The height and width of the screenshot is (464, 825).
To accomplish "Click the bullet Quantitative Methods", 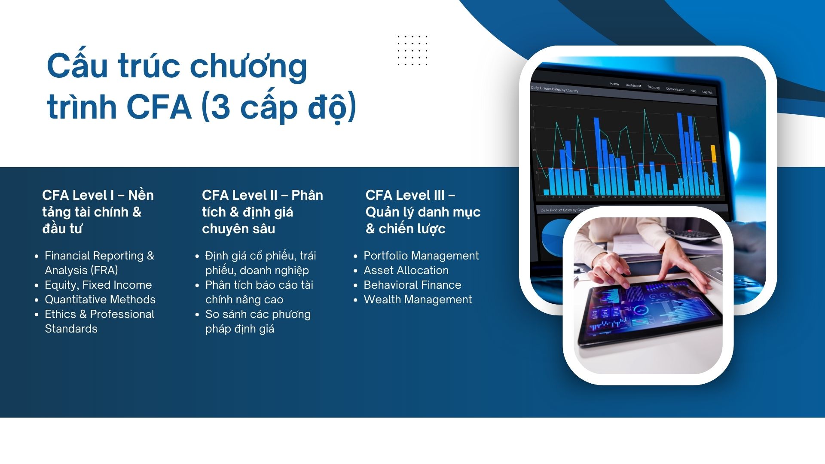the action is coord(100,299).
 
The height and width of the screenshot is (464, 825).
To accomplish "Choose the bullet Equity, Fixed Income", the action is coord(98,285).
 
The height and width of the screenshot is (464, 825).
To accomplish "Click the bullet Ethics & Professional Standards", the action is coord(99,321).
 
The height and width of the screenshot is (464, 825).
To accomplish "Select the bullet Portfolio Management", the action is coord(421,256).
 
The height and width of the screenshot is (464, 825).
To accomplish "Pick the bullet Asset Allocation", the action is coord(406,270).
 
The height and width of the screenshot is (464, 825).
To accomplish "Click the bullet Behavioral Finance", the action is coord(412,285).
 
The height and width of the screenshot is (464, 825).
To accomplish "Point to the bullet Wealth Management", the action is coord(418,299).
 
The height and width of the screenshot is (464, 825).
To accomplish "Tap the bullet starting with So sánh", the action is coord(258,321).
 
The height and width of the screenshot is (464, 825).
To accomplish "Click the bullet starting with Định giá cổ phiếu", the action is coord(260,263).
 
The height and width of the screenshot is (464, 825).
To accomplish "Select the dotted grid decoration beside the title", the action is coord(412,51).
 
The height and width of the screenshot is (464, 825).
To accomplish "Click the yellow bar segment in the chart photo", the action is coord(714,153).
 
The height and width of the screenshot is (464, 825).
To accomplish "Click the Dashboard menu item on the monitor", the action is coord(633,85).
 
